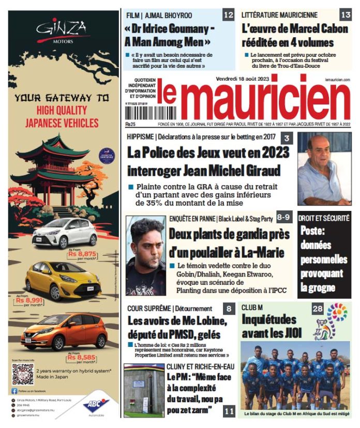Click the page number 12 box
pyautogui.click(x=228, y=15)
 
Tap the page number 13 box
pyautogui.click(x=345, y=15)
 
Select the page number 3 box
pyautogui.click(x=286, y=138)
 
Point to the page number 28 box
pyautogui.click(x=318, y=309)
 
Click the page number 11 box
pyautogui.click(x=229, y=411)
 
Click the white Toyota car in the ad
pyautogui.click(x=64, y=233)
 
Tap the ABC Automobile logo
pyautogui.click(x=96, y=406)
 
